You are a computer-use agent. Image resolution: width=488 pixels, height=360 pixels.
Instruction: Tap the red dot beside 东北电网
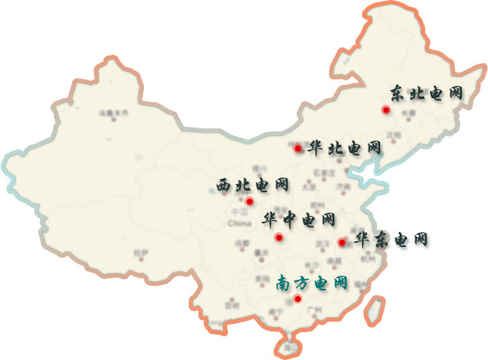point(385,110)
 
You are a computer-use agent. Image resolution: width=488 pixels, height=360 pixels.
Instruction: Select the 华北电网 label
point(345,149)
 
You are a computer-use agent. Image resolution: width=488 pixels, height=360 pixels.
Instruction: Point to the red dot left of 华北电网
point(298,148)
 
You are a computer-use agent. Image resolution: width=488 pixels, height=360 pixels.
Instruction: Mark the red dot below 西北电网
point(249,201)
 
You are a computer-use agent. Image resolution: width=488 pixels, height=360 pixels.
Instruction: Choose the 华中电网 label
point(298,220)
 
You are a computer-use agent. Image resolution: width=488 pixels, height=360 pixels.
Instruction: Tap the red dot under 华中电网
point(279,237)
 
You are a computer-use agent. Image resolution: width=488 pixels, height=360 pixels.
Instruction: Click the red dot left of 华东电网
point(341,241)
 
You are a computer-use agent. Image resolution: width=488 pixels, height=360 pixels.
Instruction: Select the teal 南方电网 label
point(311,284)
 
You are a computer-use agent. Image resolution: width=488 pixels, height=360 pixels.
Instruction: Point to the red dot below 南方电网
point(298,299)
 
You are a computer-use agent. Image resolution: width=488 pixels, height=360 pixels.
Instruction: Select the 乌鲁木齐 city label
point(114,112)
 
